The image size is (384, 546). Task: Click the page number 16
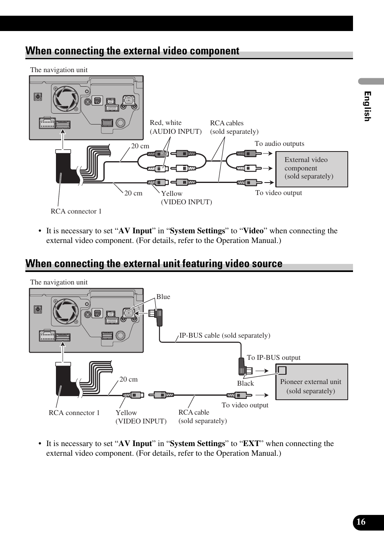[361, 522]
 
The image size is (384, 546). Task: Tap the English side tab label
[367, 106]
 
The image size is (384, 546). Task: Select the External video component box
[312, 169]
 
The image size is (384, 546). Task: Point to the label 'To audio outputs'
[279, 144]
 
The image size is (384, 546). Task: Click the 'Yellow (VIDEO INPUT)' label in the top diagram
[186, 198]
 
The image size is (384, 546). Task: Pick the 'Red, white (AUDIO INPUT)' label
[175, 127]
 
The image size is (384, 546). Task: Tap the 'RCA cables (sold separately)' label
[234, 127]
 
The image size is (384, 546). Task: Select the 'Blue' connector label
[163, 297]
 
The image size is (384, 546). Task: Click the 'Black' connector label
[246, 384]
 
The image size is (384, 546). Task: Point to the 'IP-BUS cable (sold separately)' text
[225, 336]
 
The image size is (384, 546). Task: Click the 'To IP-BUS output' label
[273, 358]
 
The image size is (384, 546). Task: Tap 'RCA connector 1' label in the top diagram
[76, 212]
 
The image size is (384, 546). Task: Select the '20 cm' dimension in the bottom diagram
[128, 380]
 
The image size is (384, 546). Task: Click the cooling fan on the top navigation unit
[65, 98]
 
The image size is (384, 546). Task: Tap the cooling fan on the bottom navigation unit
[65, 311]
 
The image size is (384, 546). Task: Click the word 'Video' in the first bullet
[253, 231]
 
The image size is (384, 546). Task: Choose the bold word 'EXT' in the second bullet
[251, 444]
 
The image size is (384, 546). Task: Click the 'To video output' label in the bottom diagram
[245, 405]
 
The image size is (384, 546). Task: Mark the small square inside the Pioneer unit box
[282, 370]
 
